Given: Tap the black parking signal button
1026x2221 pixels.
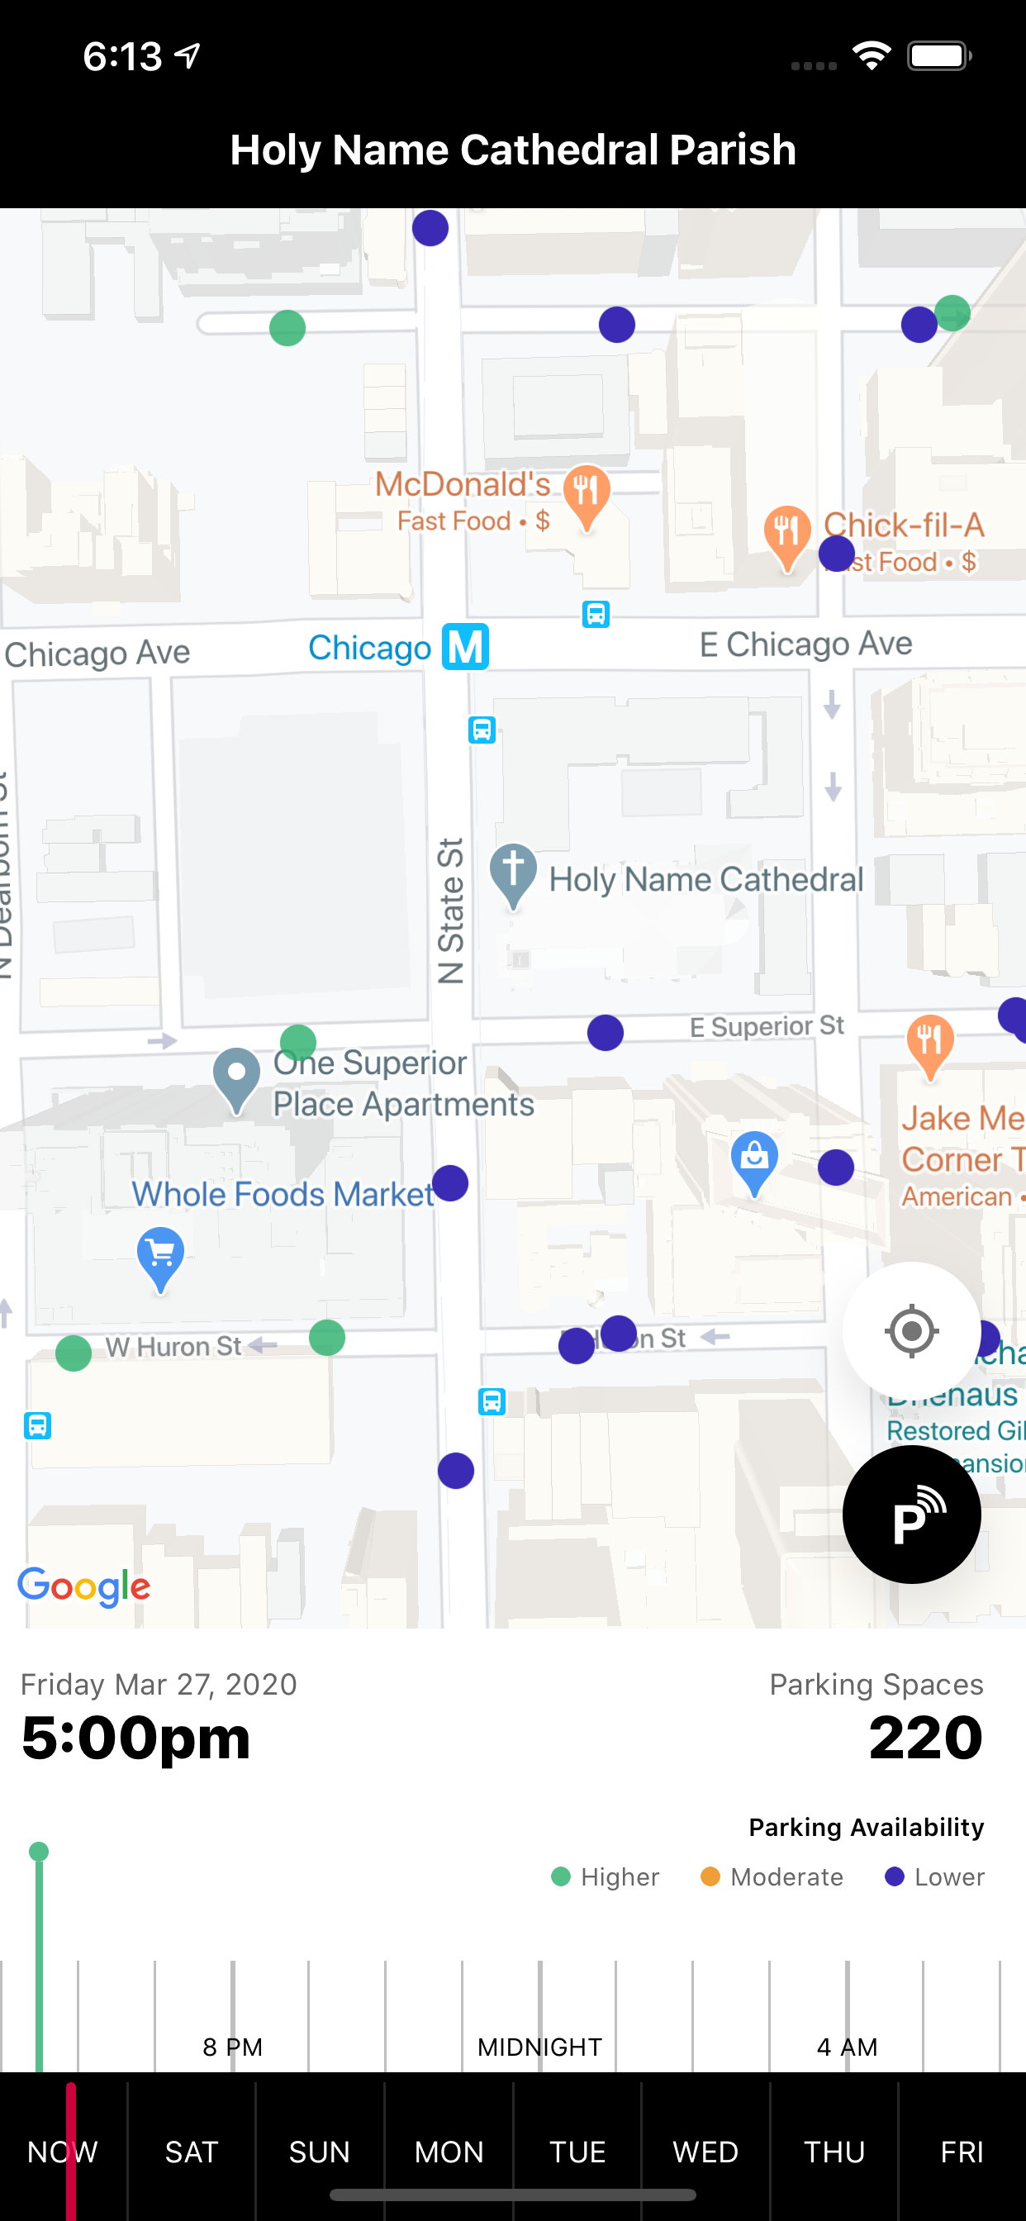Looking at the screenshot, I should [911, 1514].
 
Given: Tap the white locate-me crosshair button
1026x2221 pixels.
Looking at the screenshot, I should [911, 1331].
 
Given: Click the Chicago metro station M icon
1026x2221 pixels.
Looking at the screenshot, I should [466, 647].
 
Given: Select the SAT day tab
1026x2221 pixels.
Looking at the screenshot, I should [192, 2152].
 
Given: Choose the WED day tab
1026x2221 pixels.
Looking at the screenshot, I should [705, 2152].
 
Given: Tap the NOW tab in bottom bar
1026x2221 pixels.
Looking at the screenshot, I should [62, 2152].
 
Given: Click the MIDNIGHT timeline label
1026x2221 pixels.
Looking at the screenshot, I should [539, 2047].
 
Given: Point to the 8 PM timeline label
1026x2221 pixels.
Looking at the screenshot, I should [232, 2047].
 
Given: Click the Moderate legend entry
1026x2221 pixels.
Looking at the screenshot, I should [772, 1877].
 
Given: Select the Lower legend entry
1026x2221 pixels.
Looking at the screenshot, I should [934, 1877].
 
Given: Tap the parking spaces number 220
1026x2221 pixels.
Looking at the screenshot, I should [925, 1738].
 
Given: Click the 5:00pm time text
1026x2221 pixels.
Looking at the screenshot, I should [136, 1738].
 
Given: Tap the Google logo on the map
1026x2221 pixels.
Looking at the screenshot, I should [84, 1586].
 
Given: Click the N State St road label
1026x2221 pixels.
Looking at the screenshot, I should [451, 911].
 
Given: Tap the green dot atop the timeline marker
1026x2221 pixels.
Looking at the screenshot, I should [39, 1851].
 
